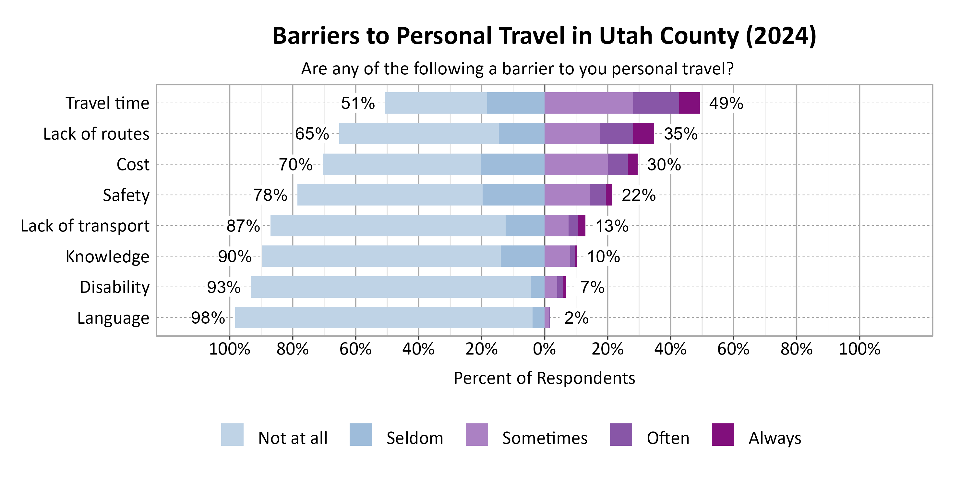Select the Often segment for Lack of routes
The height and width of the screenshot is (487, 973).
click(617, 133)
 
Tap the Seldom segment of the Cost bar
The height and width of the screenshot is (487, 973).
click(512, 164)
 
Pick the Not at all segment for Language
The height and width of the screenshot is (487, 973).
click(383, 318)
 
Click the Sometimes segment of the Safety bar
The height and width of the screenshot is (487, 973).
click(567, 195)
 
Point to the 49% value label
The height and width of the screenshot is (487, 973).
click(726, 103)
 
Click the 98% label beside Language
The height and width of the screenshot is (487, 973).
click(208, 318)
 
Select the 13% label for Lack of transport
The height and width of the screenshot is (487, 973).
click(612, 226)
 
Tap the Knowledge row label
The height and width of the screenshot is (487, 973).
click(107, 256)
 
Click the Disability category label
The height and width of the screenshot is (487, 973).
click(114, 287)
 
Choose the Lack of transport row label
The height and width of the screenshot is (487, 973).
click(85, 226)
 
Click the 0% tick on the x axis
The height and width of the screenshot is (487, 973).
click(544, 349)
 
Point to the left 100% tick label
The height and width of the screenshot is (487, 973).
click(229, 349)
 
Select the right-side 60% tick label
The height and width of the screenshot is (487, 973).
click(733, 349)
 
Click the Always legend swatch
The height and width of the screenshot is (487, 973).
click(723, 434)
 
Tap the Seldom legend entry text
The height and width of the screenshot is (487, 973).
click(414, 438)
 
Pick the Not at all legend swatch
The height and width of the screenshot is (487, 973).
click(232, 434)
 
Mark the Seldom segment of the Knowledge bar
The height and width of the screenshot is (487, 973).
click(523, 256)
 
